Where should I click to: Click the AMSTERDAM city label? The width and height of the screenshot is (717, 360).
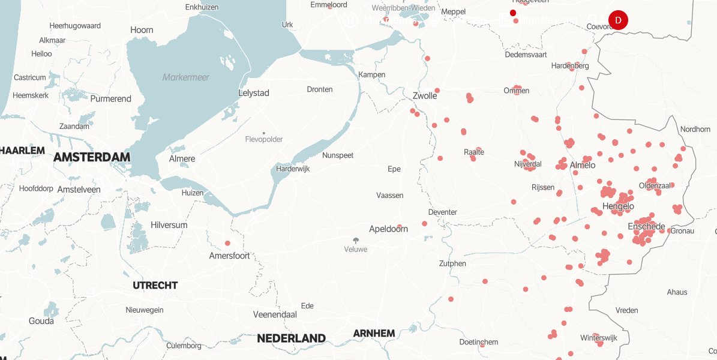91,157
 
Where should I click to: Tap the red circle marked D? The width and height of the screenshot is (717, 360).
618,20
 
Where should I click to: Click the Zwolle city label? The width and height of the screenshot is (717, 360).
425,95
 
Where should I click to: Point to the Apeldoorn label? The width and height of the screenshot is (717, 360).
388,229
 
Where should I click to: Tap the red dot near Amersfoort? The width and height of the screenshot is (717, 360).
227,243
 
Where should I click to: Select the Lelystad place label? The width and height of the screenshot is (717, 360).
254,93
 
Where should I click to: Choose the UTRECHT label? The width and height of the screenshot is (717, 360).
155,285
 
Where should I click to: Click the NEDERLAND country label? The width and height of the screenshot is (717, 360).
291,338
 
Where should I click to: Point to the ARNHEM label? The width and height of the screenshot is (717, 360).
374,334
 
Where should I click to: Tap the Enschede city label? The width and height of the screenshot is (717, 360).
646,227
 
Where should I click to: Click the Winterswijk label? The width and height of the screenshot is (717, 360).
598,338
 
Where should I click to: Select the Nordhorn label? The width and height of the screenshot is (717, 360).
695,129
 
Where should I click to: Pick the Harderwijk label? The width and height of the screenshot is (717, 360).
293,169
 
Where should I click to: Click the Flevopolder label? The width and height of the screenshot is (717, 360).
264,139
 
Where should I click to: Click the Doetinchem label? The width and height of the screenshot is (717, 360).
478,342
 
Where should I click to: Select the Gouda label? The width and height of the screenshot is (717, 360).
41,321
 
